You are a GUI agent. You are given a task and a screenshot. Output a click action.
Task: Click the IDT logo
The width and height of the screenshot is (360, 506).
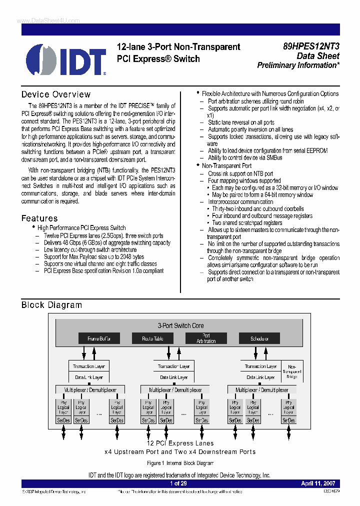[66, 59]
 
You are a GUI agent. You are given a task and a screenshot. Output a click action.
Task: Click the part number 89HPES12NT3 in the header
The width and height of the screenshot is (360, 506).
[311, 46]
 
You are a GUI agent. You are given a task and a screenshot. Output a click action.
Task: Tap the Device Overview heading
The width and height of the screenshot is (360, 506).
[56, 94]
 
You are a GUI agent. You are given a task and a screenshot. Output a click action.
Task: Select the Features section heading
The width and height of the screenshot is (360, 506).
[39, 218]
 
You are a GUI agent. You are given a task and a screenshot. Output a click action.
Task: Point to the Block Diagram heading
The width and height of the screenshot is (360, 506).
[51, 305]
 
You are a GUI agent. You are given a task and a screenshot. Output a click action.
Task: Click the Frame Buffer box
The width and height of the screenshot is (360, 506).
[99, 338]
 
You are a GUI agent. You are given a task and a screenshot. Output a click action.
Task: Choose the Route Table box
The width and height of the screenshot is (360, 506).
[152, 338]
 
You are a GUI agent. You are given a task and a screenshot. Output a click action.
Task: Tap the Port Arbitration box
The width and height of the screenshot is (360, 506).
[206, 338]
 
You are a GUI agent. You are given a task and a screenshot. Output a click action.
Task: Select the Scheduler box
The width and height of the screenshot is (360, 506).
[259, 338]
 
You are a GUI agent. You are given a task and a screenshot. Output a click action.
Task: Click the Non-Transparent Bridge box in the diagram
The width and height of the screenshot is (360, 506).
[292, 372]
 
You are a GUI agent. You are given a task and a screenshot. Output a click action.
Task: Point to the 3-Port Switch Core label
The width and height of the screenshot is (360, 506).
[180, 325]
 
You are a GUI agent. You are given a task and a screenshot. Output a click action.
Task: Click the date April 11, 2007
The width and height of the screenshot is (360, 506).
[318, 483]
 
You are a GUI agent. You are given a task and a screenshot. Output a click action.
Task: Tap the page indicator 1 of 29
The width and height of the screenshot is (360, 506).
[178, 483]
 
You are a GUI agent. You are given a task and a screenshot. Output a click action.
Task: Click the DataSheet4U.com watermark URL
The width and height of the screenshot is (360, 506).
[41, 20]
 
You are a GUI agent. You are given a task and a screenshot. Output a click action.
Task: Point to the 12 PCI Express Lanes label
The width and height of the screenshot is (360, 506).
[180, 443]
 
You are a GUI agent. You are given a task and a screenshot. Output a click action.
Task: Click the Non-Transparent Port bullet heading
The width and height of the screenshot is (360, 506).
[226, 165]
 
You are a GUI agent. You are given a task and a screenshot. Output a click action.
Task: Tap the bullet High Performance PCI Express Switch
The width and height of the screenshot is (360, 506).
[81, 227]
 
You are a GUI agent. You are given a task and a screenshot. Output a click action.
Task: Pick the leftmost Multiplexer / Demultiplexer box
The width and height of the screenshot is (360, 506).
[90, 389]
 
